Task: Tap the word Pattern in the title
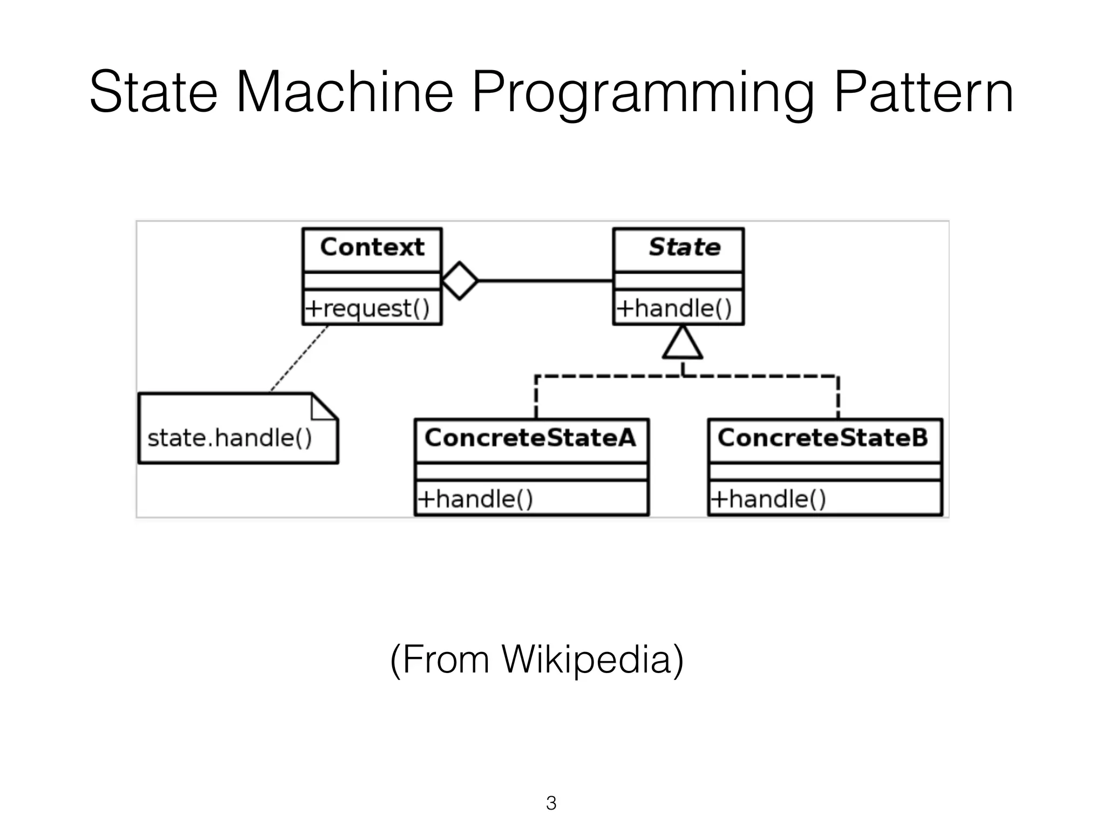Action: point(923,93)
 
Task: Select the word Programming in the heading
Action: point(642,93)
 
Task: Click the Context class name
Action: point(372,248)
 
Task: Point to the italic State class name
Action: point(684,248)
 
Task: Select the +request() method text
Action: point(367,309)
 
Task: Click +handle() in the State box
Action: point(674,309)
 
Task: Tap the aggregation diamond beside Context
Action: point(459,281)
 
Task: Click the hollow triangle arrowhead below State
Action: point(683,344)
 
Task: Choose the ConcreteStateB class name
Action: point(823,438)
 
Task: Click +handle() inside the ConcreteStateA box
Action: point(475,499)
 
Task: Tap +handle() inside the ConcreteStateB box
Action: point(768,499)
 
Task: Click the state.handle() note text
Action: point(230,438)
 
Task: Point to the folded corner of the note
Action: point(323,408)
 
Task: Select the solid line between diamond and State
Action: point(545,281)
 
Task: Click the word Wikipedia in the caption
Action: point(586,660)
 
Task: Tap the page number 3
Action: point(551,803)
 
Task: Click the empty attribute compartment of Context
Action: point(372,281)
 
